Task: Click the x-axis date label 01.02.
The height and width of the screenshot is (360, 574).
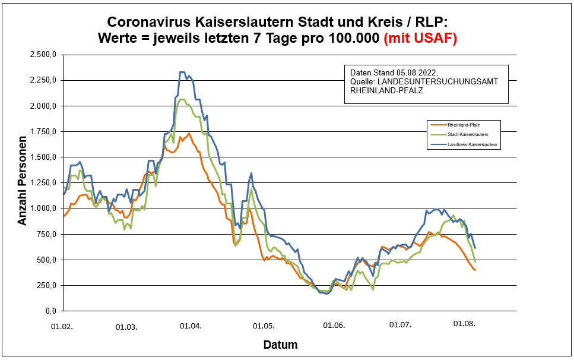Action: pos(61,326)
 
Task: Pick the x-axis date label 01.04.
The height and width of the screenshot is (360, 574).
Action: pos(191,326)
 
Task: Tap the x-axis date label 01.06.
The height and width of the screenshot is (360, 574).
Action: pos(334,326)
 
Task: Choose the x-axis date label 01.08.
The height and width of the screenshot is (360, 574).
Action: pos(465,324)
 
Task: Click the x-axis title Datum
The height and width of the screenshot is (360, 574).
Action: pos(280,345)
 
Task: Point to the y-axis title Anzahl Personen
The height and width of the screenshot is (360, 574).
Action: pos(23,183)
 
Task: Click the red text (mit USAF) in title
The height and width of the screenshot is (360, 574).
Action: pos(420,38)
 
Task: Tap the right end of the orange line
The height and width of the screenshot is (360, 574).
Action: pos(475,270)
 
